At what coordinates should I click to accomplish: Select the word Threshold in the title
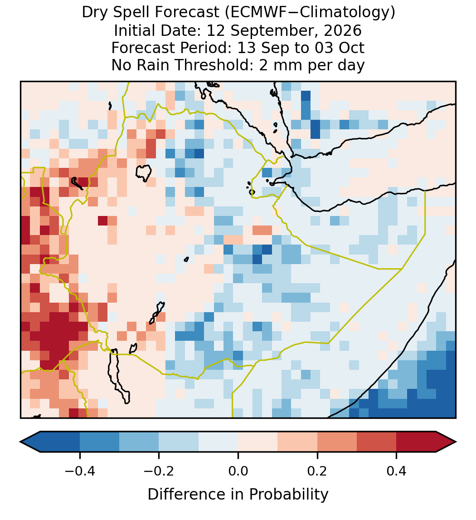[x=215, y=65]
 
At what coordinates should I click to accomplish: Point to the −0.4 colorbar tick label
[x=79, y=471]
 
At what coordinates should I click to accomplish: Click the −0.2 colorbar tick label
[x=159, y=471]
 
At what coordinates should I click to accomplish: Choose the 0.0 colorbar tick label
[x=238, y=471]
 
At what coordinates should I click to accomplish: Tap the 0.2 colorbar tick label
[x=317, y=471]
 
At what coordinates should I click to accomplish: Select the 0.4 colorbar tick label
[x=397, y=471]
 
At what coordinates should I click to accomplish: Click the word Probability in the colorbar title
[x=288, y=495]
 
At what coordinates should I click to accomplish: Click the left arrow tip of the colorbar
[x=20, y=442]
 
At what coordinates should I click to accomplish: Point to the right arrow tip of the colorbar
[x=456, y=442]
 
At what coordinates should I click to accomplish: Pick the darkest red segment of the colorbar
[x=416, y=442]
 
